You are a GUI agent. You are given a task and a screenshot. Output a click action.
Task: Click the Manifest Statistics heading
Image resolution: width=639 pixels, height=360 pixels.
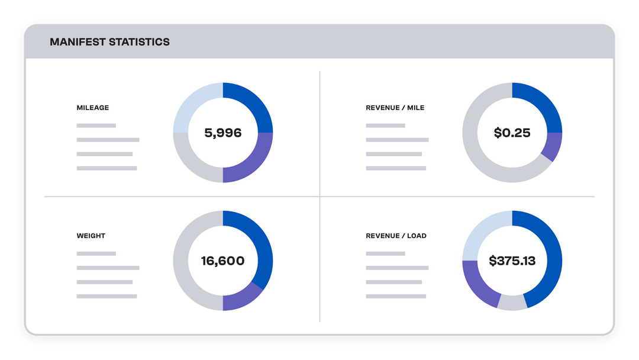click(x=109, y=42)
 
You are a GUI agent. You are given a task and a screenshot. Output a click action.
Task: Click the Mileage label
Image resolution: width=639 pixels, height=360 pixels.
click(x=93, y=108)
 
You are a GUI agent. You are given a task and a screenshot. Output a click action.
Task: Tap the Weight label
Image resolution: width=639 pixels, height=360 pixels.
click(x=91, y=236)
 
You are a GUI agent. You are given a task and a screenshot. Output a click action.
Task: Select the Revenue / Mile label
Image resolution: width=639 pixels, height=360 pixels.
click(x=395, y=108)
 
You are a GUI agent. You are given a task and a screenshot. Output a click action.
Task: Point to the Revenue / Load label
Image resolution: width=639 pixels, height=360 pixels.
click(x=396, y=236)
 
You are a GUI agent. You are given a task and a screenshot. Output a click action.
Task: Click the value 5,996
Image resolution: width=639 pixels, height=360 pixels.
click(x=223, y=133)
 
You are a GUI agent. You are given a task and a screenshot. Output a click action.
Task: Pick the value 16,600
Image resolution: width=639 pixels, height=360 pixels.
click(x=223, y=261)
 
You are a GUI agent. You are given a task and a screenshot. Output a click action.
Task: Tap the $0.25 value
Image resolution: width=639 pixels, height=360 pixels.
click(x=512, y=133)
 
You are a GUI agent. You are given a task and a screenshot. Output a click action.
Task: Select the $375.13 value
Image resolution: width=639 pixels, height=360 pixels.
click(x=512, y=261)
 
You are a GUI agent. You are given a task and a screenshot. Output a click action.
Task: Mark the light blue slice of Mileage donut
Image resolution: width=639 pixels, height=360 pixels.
click(x=195, y=104)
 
